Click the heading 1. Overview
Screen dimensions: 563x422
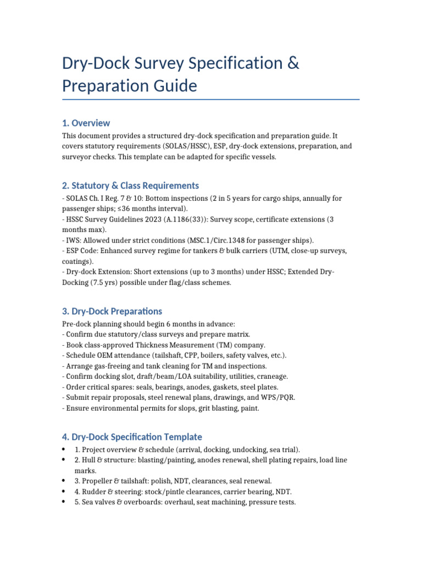pos(86,123)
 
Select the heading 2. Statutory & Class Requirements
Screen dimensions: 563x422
pos(130,185)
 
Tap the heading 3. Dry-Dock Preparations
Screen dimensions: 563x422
pos(112,311)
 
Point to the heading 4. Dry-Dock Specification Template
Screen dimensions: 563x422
pos(132,437)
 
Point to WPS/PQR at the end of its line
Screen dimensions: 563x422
pos(276,397)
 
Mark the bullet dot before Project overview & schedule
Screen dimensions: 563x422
pos(65,449)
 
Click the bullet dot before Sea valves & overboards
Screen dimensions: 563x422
pos(65,502)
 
